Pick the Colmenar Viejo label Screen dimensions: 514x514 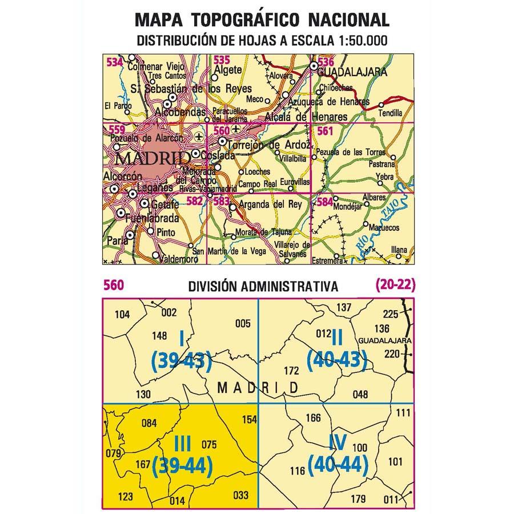coord(154,66)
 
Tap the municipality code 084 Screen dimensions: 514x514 coord(148,423)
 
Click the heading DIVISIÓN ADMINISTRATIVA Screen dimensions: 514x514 coord(263,286)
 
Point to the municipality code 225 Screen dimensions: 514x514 coord(389,314)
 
